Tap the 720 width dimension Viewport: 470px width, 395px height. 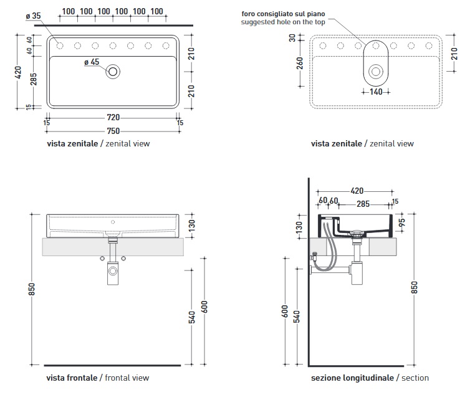112,118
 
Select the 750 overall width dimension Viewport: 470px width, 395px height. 112,131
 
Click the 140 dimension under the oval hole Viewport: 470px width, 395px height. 375,91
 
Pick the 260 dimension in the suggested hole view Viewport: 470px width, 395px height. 299,65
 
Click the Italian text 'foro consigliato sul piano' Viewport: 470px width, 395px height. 284,14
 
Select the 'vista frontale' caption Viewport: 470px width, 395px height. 72,378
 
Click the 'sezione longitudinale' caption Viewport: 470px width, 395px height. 352,378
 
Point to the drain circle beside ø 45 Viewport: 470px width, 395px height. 113,71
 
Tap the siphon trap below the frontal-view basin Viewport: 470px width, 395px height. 113,270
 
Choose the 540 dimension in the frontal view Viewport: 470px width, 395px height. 193,318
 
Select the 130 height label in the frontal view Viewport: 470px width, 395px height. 193,224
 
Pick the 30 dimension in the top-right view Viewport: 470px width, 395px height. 299,38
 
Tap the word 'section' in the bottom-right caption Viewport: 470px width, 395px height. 415,378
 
